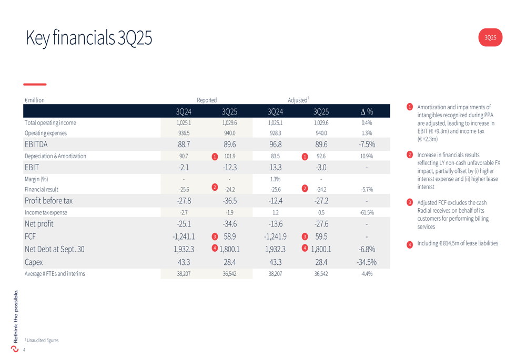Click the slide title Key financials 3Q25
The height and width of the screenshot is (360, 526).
point(88,38)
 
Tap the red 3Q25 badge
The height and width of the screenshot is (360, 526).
point(490,37)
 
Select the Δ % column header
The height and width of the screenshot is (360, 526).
point(367,111)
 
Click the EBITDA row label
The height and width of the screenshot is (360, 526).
point(36,144)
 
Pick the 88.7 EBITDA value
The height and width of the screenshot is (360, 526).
point(184,144)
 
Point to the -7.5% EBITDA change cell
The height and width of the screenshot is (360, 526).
point(367,144)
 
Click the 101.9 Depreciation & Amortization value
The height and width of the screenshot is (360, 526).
point(230,156)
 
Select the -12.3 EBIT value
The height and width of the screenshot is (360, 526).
point(230,167)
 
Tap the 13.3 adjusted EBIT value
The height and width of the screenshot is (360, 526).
point(275,167)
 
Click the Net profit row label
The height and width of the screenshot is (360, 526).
point(39,224)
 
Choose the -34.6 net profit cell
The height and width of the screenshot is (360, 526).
point(230,224)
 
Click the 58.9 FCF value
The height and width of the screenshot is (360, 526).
point(230,236)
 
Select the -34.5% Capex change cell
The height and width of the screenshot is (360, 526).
point(367,262)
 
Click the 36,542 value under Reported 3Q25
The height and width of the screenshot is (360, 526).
point(230,274)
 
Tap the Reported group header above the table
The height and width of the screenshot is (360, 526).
point(207,100)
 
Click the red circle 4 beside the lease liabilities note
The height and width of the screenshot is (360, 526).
point(410,244)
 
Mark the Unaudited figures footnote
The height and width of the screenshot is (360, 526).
point(42,340)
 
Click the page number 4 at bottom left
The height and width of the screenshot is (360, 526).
point(24,350)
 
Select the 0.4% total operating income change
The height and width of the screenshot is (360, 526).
point(367,122)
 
